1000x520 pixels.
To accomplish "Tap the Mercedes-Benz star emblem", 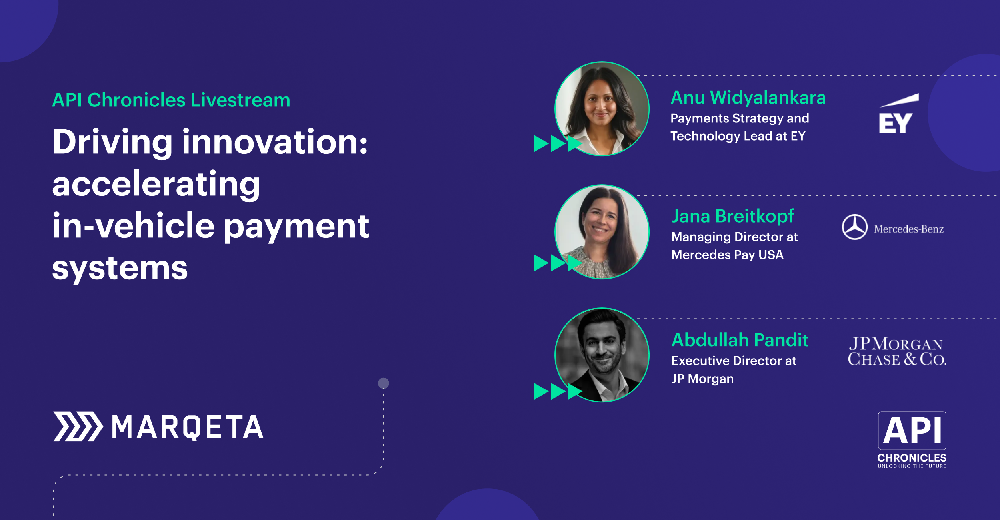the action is [855, 227].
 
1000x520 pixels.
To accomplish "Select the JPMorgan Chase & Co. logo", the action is [897, 351].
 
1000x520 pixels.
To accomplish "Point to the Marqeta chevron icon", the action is [78, 426].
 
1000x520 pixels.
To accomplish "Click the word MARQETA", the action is [188, 427].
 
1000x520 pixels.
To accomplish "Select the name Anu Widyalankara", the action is [748, 98].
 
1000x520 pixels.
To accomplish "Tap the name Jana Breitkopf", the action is [733, 217].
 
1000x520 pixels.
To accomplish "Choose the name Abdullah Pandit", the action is [740, 340].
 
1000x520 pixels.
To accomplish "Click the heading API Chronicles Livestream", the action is [171, 100].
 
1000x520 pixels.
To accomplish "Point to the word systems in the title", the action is [120, 268].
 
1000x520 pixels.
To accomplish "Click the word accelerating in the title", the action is [156, 185].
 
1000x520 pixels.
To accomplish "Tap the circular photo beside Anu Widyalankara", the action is [602, 109].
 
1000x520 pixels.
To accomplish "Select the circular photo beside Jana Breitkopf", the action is [602, 232].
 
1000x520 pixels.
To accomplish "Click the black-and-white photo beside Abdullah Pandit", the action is [602, 355].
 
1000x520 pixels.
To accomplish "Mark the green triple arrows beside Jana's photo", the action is [558, 263].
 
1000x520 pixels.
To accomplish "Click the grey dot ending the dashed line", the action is [384, 383].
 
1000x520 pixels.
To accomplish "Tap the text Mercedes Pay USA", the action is [728, 255].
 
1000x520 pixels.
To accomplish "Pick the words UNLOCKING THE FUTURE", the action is [912, 466].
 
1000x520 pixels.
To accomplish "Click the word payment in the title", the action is [296, 227].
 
